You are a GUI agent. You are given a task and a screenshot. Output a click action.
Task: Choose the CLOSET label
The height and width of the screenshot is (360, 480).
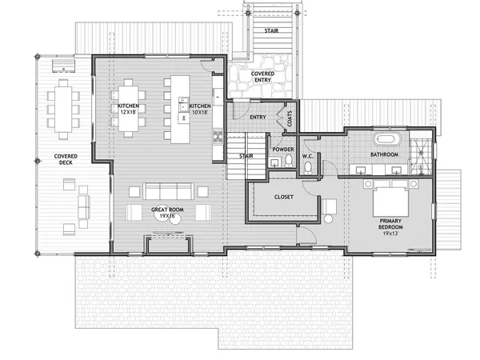point(284,196)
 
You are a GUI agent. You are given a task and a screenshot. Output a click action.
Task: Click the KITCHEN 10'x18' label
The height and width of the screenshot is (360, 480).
point(198,110)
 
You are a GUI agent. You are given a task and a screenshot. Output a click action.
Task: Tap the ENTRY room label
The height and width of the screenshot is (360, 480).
point(258,118)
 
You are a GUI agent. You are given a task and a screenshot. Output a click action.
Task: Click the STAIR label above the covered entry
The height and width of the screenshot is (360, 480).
point(270,30)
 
